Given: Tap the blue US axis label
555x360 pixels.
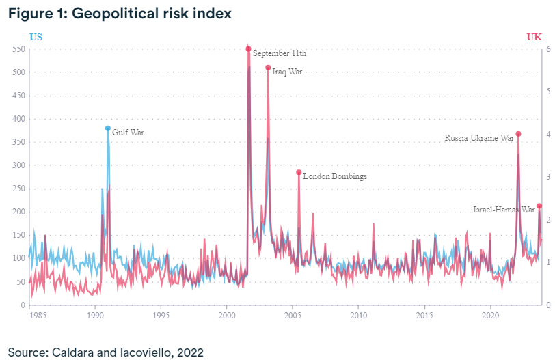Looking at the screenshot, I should pos(36,37).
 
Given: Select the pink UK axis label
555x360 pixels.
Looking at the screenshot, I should pos(534,37).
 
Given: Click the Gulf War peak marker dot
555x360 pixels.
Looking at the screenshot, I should pos(108,128).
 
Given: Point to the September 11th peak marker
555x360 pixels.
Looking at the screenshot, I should pos(248,49).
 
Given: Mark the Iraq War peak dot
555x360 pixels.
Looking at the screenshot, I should pos(268,67).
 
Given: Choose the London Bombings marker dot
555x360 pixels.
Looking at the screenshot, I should pos(299,172).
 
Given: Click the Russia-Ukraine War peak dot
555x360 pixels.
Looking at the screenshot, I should pos(519,134).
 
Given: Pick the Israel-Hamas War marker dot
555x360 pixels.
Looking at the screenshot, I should pos(539,206).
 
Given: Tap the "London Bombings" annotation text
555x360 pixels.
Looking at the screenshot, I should pos(335,176).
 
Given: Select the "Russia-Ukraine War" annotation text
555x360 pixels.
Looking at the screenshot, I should pos(479,138).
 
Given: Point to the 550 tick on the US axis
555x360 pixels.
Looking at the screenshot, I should pos(15,49).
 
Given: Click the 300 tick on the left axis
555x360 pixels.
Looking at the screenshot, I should pos(15,165).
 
